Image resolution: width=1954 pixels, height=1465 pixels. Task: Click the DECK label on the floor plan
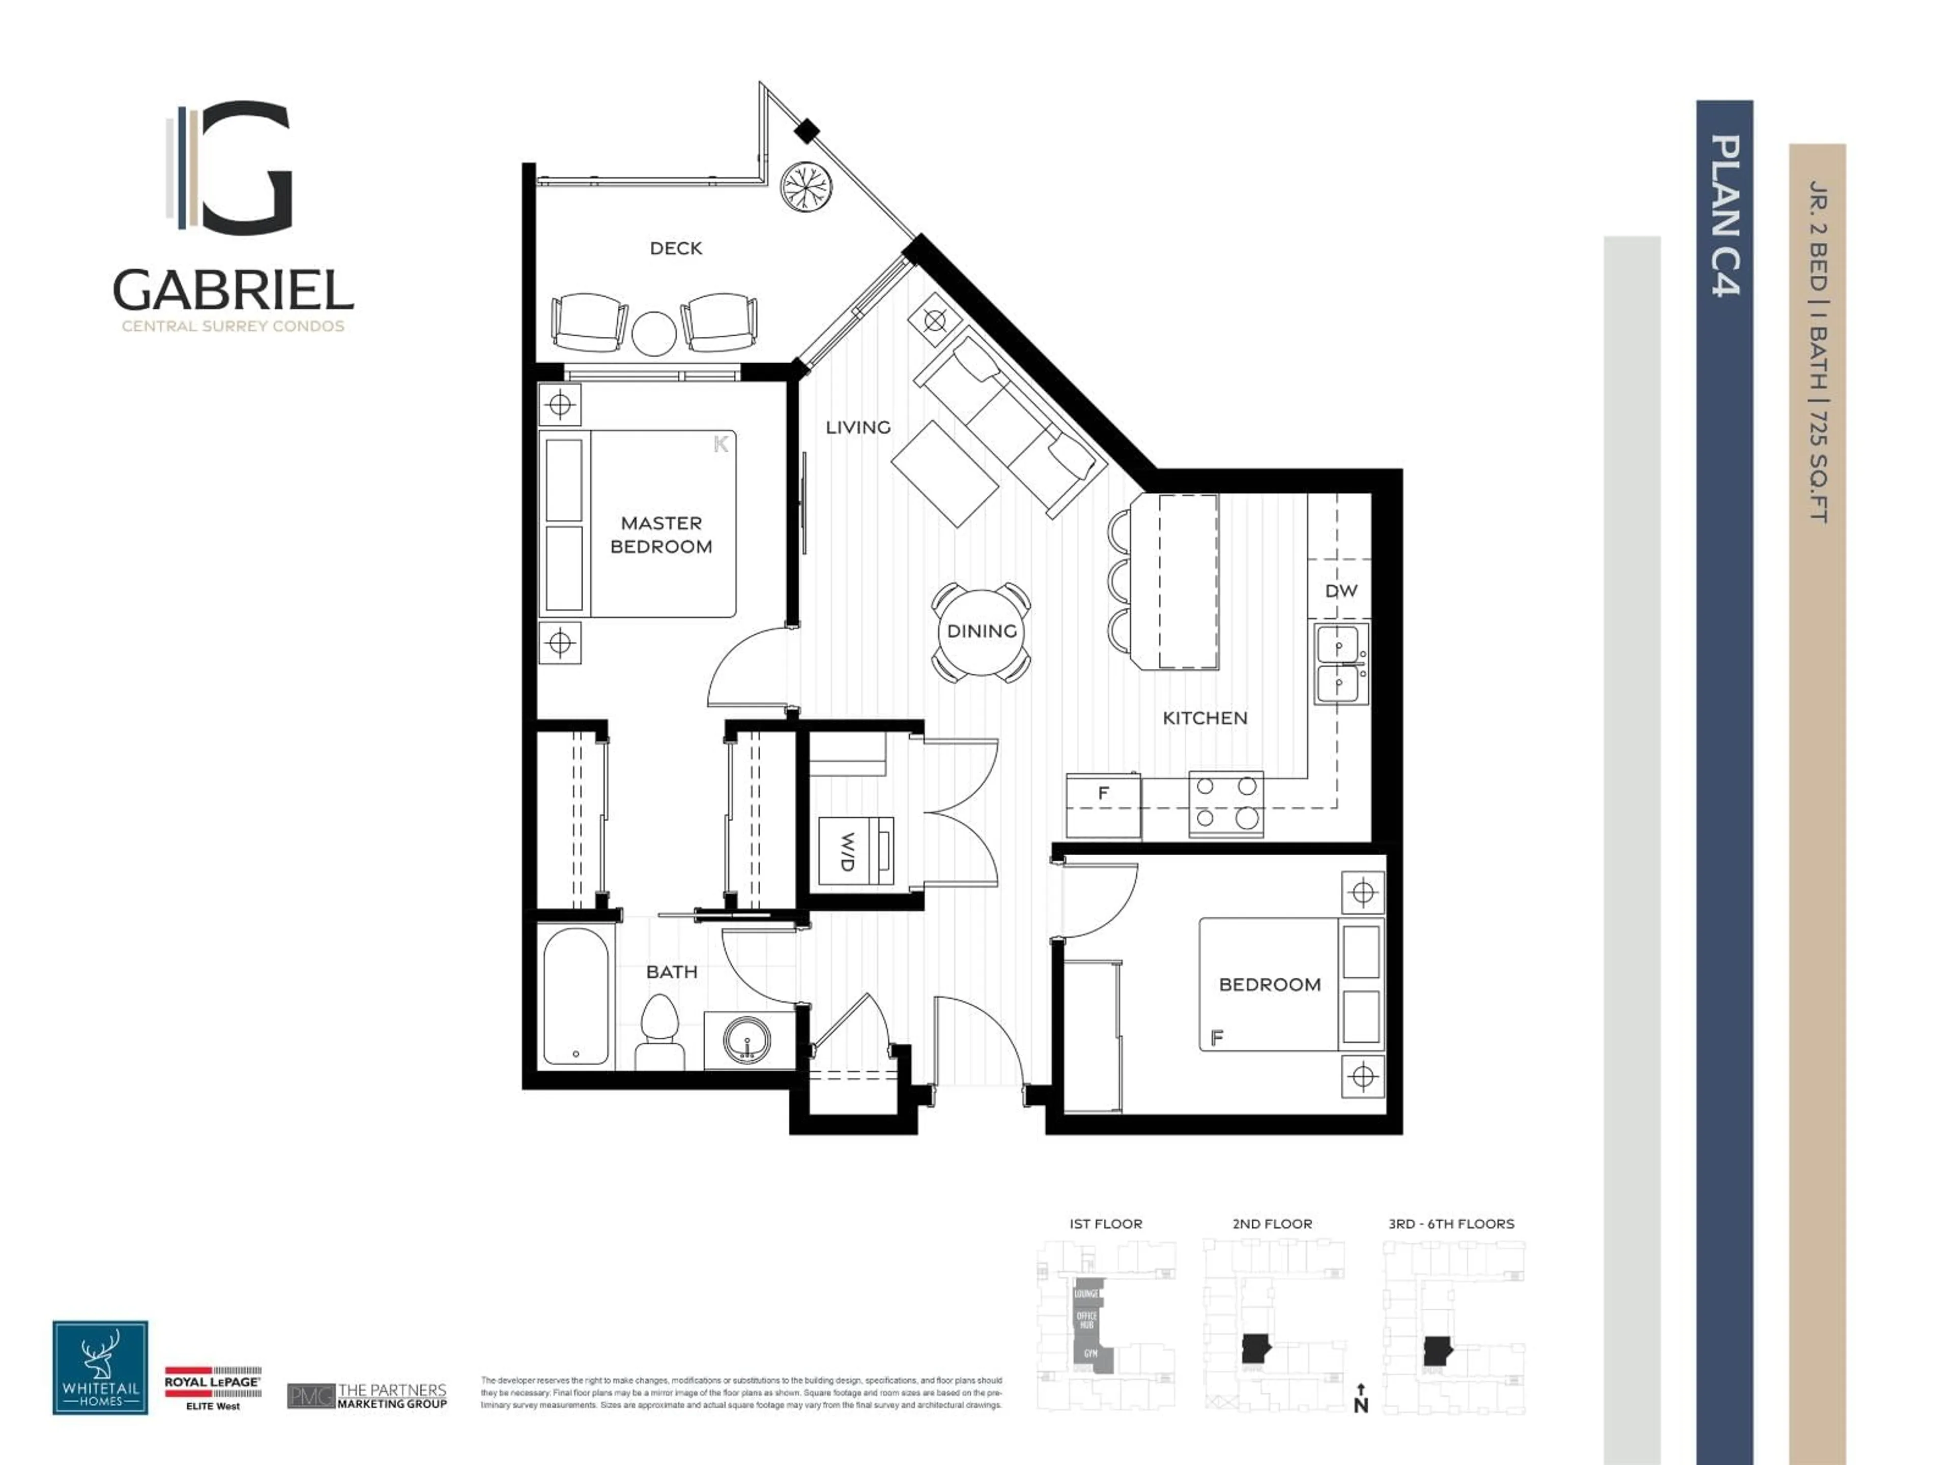(676, 248)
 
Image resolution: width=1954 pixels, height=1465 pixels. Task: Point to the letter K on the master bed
(721, 444)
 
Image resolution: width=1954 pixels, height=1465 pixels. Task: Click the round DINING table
(982, 630)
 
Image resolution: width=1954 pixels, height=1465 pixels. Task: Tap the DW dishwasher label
(1340, 590)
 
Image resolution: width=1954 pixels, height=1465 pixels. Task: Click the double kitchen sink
(1340, 664)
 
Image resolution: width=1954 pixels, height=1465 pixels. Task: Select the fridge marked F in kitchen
(1103, 804)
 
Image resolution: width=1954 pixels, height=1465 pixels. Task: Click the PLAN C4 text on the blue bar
(1725, 216)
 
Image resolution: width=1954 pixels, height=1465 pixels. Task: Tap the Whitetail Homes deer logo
(100, 1367)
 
